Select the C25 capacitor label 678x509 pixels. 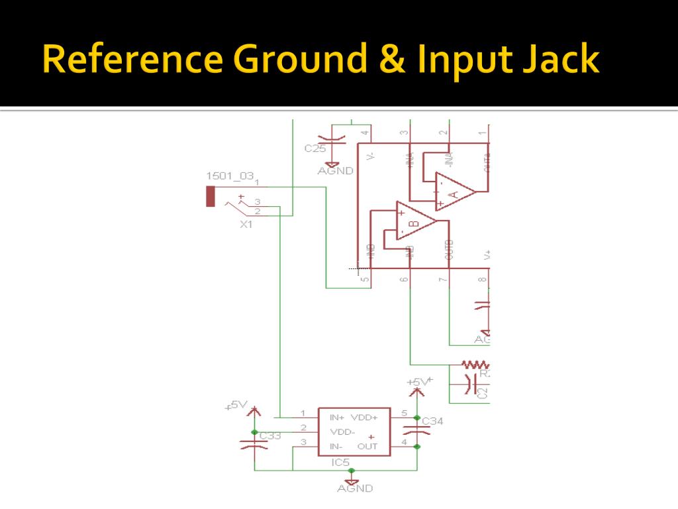click(315, 148)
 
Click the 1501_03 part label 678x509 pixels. click(230, 176)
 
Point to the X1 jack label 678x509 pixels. click(246, 225)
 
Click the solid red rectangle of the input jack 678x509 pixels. click(211, 197)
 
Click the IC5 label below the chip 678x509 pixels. click(340, 462)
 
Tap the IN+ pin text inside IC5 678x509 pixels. click(337, 418)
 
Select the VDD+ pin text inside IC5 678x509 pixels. click(363, 418)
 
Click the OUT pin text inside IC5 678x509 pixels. click(367, 446)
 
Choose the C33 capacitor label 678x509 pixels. click(270, 435)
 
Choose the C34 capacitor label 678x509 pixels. click(432, 422)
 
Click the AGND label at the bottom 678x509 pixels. click(355, 488)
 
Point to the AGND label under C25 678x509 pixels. click(335, 170)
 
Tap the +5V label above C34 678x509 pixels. click(418, 382)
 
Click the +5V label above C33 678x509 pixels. click(236, 405)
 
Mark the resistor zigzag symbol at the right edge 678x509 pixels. click(475, 364)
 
